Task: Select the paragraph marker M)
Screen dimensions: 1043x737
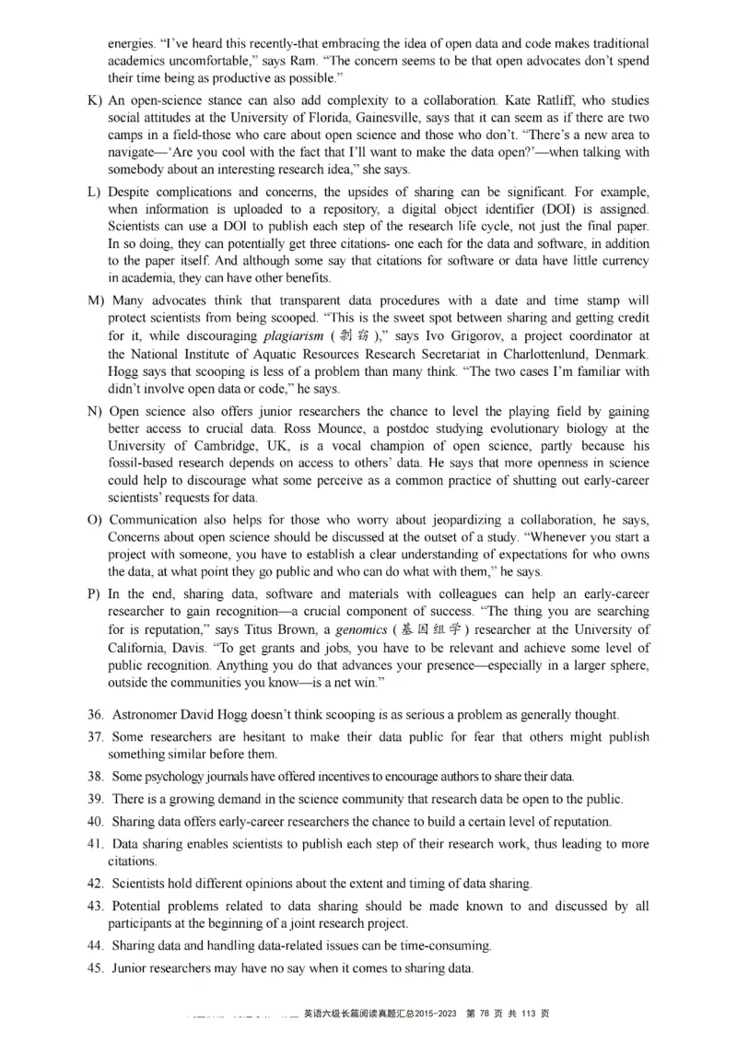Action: (97, 301)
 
